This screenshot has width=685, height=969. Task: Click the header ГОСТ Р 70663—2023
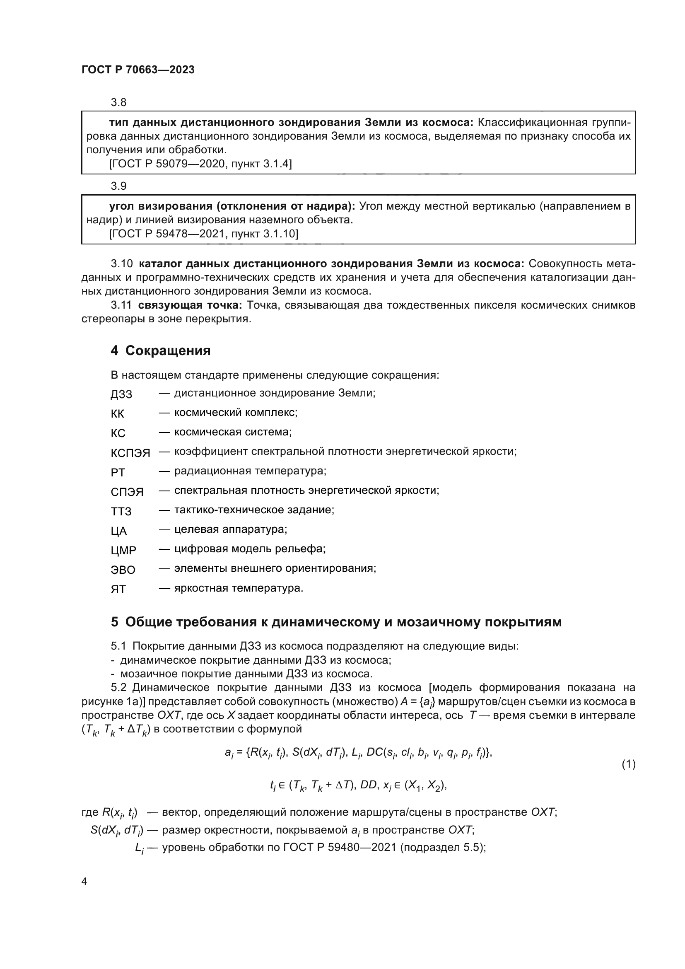coord(138,70)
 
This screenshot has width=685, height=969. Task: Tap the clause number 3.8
coord(118,103)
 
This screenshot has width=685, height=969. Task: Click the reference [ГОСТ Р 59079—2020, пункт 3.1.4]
coord(200,164)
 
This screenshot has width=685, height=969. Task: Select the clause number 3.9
coord(118,186)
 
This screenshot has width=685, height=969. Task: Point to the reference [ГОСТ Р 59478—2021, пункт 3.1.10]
coord(203,233)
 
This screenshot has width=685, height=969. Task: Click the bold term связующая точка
coord(190,305)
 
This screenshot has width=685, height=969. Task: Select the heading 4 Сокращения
coord(160,351)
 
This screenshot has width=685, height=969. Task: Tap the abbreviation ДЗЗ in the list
coord(121,394)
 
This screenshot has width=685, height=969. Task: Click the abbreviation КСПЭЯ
coord(130,453)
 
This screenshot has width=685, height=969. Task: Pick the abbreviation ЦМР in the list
coord(123,550)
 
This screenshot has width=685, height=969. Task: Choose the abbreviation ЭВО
coord(123,570)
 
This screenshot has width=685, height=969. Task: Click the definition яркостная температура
coord(239,588)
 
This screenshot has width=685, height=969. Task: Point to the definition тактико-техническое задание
coord(254,510)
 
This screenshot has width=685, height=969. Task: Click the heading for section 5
coord(336,622)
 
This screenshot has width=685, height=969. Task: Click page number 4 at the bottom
coord(84,881)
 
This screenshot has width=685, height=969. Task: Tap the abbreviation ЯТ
coord(118,589)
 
